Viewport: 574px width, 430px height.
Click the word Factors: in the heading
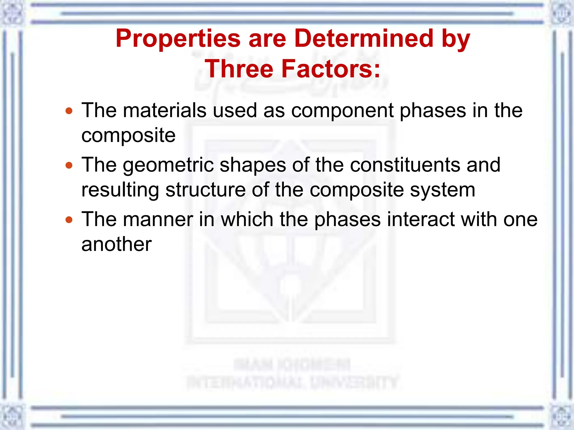[x=331, y=69]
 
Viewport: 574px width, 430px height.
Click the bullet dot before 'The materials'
[x=69, y=111]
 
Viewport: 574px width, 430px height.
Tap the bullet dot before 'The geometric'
[x=69, y=165]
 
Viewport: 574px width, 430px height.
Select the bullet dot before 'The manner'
[x=69, y=220]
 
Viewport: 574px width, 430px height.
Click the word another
[x=116, y=244]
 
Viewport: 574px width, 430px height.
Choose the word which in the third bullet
[x=247, y=219]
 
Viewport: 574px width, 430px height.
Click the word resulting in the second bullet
[x=120, y=190]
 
